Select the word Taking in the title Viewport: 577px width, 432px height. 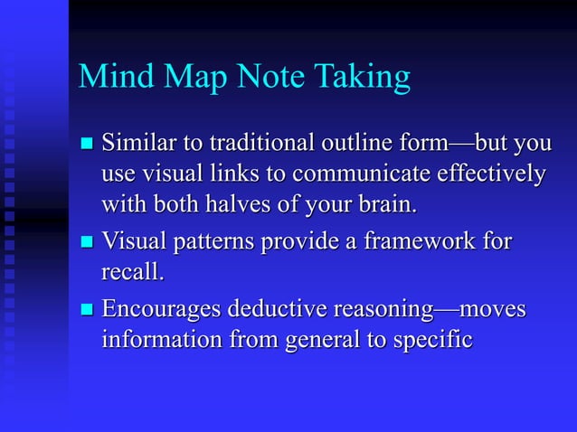tap(365, 79)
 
